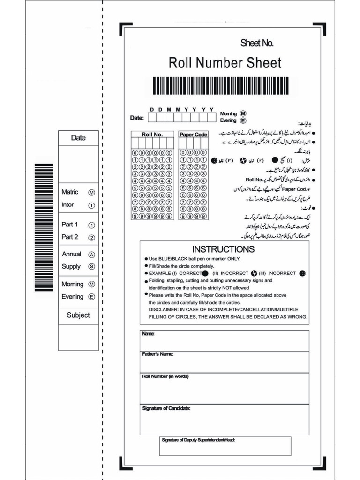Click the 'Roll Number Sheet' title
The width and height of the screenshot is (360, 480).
(225, 63)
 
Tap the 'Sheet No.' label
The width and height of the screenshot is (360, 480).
(256, 44)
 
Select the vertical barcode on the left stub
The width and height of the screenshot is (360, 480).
(44, 227)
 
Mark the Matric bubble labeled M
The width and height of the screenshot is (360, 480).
(92, 193)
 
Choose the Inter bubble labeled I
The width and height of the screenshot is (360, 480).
(92, 205)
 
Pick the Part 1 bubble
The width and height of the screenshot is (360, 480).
(92, 225)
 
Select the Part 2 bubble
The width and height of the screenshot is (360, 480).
(92, 238)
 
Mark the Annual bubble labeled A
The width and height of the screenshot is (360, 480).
(92, 255)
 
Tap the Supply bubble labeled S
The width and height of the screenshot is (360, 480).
(92, 267)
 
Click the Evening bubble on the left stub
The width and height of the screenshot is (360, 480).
(92, 297)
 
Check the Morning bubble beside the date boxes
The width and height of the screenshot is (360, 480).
(243, 113)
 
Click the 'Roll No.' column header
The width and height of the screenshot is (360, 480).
(152, 135)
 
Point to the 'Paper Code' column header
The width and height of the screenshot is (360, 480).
(193, 135)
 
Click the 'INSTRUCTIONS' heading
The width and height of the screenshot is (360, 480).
(224, 249)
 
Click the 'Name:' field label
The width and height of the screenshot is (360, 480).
(148, 334)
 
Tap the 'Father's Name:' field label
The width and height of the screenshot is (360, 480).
(157, 354)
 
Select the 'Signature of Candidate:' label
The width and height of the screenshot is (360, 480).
(166, 408)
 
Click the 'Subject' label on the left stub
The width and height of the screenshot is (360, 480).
(78, 315)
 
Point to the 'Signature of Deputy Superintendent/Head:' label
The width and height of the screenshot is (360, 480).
(198, 440)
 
